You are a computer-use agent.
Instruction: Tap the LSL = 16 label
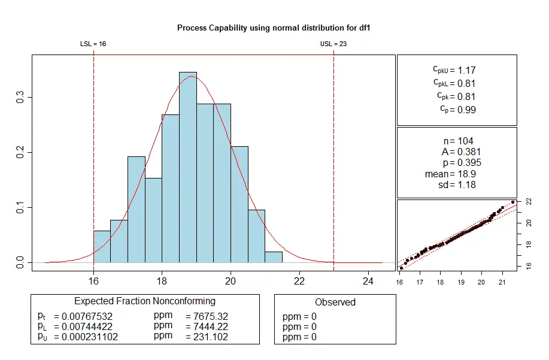point(93,44)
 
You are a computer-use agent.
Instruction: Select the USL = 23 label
point(333,44)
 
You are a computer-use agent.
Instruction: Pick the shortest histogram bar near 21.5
point(274,257)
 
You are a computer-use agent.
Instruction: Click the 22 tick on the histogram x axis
point(299,279)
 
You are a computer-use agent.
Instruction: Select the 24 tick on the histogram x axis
point(368,279)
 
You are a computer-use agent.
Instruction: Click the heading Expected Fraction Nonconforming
point(145,301)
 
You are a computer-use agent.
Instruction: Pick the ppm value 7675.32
point(207,316)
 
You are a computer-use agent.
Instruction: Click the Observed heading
point(335,302)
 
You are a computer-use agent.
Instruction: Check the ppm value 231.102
point(207,337)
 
